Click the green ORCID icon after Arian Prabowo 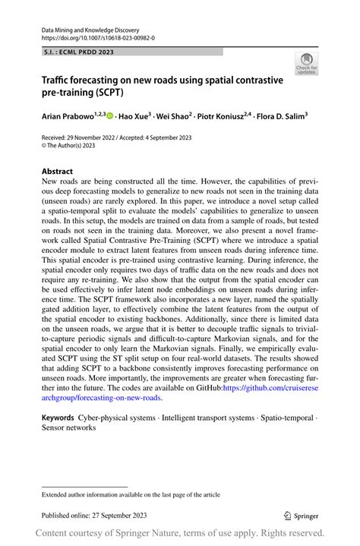pos(110,116)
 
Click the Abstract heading pos(58,172)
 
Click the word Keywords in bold pos(58,418)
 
